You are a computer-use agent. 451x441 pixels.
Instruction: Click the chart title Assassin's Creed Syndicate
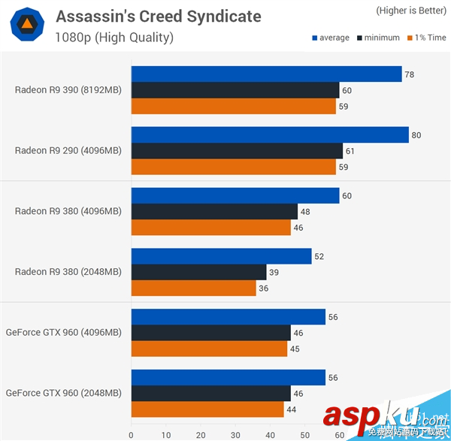(159, 16)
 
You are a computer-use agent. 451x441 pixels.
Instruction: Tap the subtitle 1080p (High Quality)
(114, 37)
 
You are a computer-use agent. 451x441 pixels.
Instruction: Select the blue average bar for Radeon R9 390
(266, 74)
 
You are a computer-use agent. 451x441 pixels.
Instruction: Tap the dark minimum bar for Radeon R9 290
(237, 151)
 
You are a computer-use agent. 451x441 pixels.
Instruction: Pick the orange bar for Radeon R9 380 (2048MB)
(193, 288)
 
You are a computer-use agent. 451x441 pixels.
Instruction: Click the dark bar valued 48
(214, 211)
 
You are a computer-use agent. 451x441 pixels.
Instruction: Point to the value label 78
(409, 74)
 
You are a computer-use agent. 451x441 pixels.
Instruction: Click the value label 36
(263, 288)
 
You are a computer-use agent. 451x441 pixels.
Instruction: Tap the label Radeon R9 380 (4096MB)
(68, 211)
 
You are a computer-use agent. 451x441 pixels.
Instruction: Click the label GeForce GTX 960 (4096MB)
(63, 332)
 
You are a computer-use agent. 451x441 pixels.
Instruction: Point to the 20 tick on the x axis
(201, 434)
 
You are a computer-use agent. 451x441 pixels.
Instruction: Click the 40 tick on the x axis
(270, 434)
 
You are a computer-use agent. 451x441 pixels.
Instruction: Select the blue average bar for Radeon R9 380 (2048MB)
(221, 256)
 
